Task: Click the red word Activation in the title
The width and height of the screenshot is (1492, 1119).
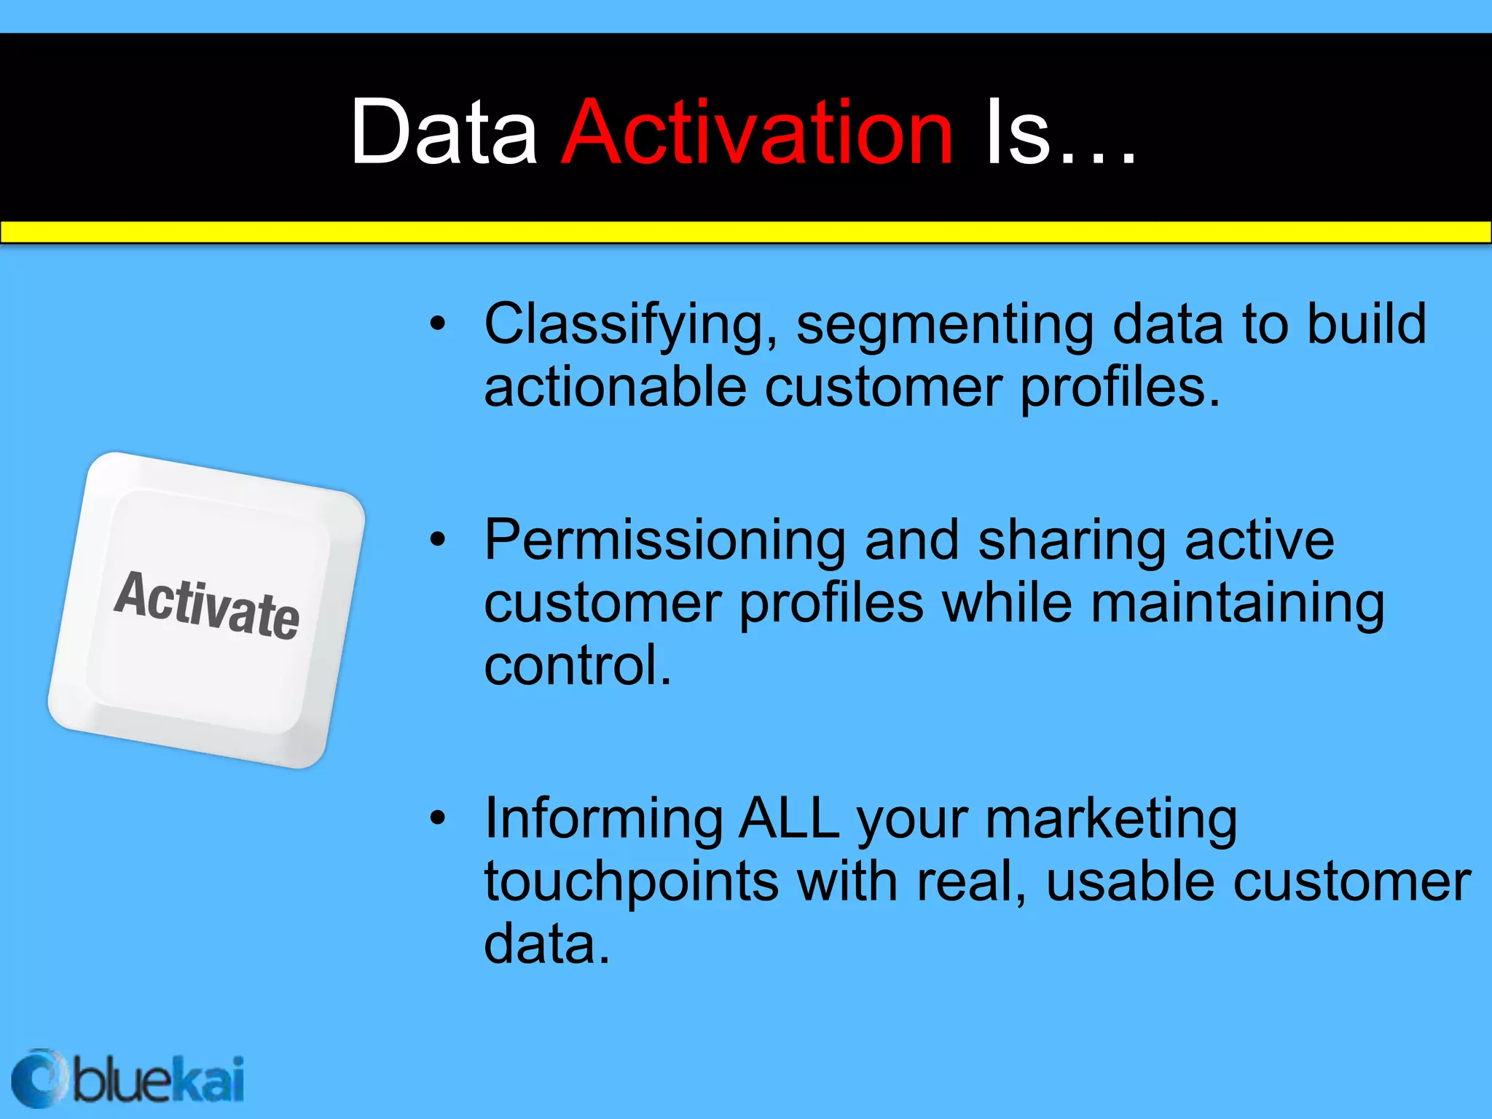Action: [758, 133]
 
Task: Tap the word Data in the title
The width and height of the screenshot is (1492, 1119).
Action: [443, 133]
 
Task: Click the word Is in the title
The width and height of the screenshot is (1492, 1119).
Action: [1017, 133]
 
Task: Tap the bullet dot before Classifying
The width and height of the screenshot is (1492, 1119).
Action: [437, 323]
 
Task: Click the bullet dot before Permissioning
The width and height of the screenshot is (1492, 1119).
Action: [437, 540]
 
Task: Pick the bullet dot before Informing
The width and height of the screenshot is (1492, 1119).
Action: [437, 818]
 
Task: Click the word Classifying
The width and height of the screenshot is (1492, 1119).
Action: [631, 325]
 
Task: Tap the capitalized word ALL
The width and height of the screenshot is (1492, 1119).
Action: [788, 819]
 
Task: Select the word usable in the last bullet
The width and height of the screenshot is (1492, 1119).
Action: [1129, 882]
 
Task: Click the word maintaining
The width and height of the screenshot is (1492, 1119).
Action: [1237, 603]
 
